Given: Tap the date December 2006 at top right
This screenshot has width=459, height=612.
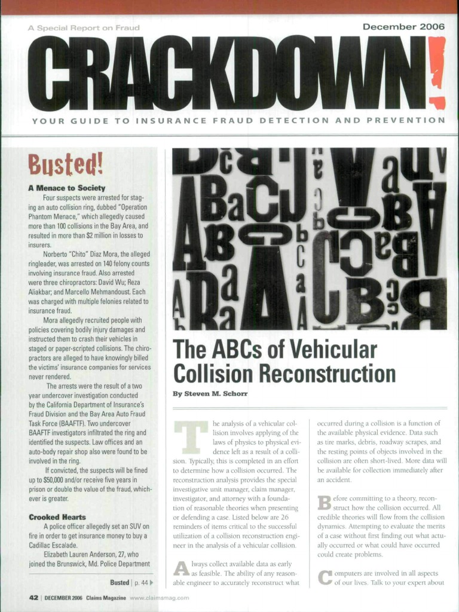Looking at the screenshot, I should pos(403,27).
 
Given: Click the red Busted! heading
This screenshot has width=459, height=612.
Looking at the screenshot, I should pos(66,161).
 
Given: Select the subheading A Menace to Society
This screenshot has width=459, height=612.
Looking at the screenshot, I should pos(66,188).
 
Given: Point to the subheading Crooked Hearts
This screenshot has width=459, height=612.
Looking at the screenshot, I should pos(57,516).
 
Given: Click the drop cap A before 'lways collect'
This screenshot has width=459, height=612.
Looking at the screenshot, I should pos(181,568).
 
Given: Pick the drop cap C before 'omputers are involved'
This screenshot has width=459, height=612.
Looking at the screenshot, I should pos(325,577).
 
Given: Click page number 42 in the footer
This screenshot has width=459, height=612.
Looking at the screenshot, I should pos(34,597).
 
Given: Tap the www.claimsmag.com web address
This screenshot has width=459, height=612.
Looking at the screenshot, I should pos(159,597).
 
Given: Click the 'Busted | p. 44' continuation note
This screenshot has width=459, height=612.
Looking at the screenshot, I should pos(131,582).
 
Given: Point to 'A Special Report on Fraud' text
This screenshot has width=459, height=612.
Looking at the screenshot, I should pos(84,27).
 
